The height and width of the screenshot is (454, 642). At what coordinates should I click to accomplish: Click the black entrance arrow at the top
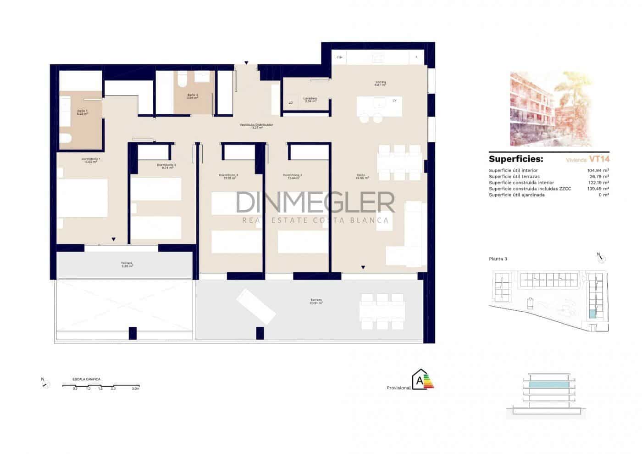pyautogui.click(x=246, y=63)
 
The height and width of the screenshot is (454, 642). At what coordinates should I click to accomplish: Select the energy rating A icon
pyautogui.click(x=422, y=380)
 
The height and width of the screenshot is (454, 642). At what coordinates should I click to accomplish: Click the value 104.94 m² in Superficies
pyautogui.click(x=598, y=170)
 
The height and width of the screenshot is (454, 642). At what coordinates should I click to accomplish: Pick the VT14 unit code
pyautogui.click(x=599, y=159)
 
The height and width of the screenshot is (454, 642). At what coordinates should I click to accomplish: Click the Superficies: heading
pyautogui.click(x=516, y=159)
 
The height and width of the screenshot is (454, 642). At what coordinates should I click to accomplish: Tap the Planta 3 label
pyautogui.click(x=498, y=259)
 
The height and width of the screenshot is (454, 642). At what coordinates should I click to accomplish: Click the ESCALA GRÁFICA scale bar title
pyautogui.click(x=86, y=379)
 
